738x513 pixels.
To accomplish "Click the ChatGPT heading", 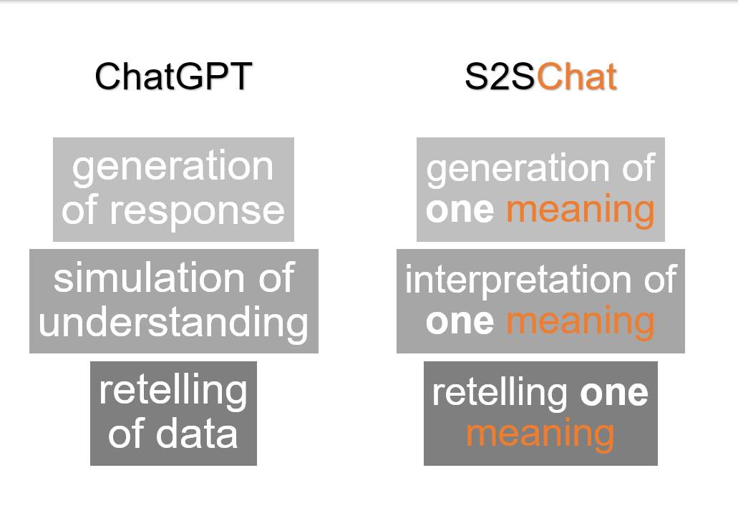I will coord(173,76).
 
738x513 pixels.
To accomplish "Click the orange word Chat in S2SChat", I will coord(576,76).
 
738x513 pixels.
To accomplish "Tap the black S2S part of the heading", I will coord(500,76).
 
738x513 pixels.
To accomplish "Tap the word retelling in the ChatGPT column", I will coord(173,391).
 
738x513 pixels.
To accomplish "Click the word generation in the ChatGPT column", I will coord(173,167).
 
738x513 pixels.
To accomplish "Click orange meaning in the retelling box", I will coord(540,434).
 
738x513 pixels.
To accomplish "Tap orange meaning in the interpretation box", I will coord(580,321).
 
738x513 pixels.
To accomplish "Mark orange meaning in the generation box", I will coord(580,210).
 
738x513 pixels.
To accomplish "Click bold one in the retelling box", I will coord(614,392).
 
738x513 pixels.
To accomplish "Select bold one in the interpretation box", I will coord(459,321).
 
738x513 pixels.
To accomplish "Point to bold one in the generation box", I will coord(459,210).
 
